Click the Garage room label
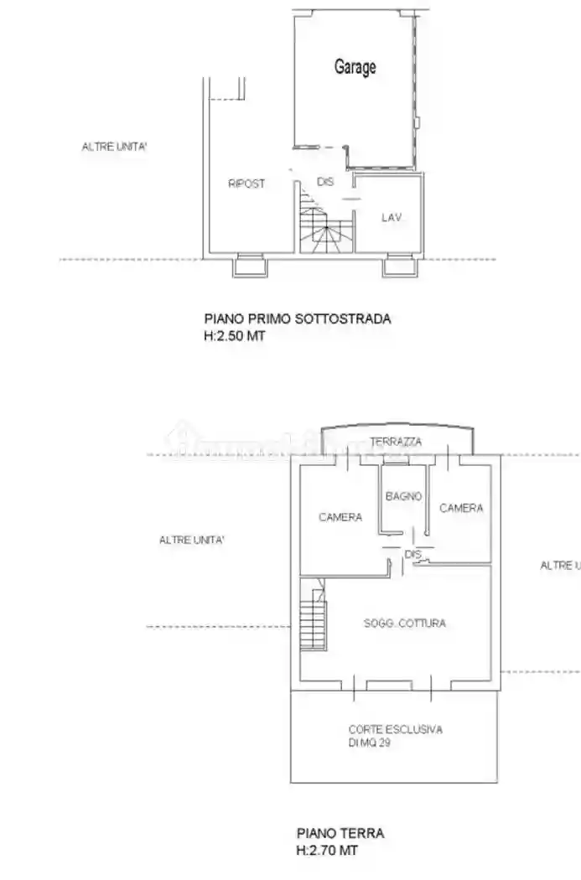pyautogui.click(x=355, y=68)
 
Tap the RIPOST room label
pyautogui.click(x=246, y=184)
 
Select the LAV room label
pyautogui.click(x=392, y=217)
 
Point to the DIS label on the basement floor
pyautogui.click(x=325, y=181)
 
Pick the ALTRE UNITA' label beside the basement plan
pyautogui.click(x=115, y=147)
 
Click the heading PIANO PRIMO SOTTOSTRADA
pyautogui.click(x=298, y=318)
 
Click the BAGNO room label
pyautogui.click(x=403, y=496)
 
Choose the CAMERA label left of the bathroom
pyautogui.click(x=340, y=517)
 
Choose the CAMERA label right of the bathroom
pyautogui.click(x=461, y=508)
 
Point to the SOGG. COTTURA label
pyautogui.click(x=405, y=623)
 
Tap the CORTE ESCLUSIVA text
pyautogui.click(x=396, y=729)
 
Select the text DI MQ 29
pyautogui.click(x=371, y=743)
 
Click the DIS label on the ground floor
pyautogui.click(x=412, y=555)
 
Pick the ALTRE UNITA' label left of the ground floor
pyautogui.click(x=192, y=541)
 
